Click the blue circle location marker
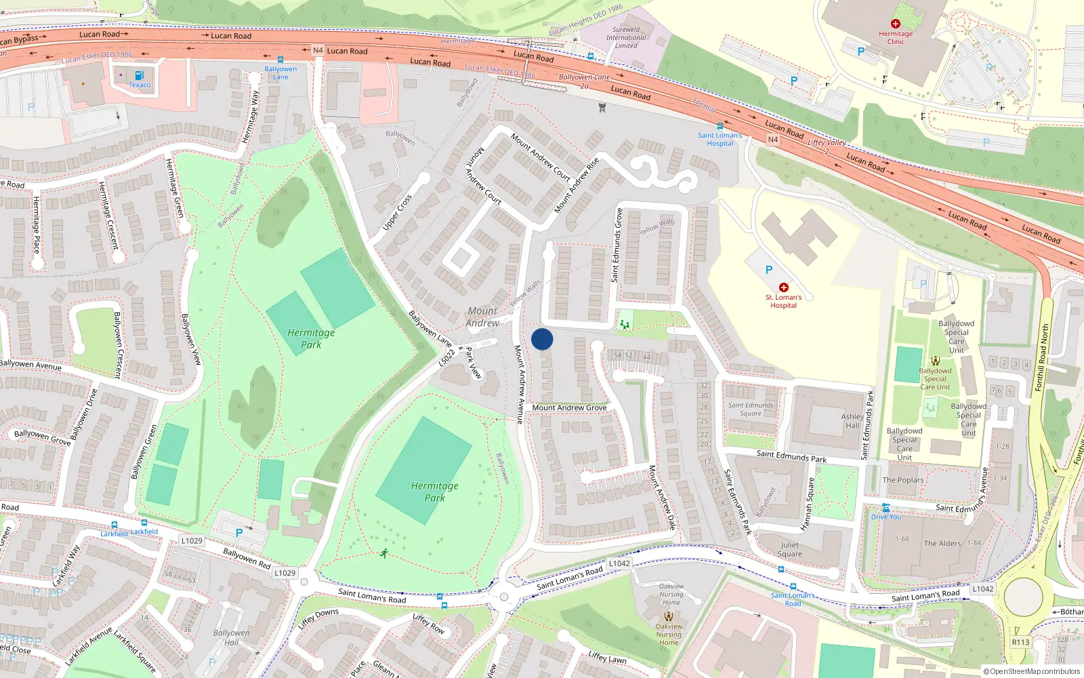[x=542, y=339]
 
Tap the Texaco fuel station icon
[x=139, y=75]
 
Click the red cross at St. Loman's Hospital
[x=784, y=287]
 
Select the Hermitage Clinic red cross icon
[x=895, y=24]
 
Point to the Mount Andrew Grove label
[x=569, y=407]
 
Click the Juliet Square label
[x=789, y=549]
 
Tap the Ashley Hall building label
[x=852, y=421]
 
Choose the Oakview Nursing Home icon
[x=669, y=616]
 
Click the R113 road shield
[x=1020, y=642]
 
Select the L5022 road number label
[x=446, y=358]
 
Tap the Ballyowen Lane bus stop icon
[x=280, y=60]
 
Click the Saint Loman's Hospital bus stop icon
[x=720, y=126]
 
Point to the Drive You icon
[x=885, y=508]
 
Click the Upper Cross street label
[x=397, y=213]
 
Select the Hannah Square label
[x=807, y=504]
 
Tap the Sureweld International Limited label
[x=626, y=37]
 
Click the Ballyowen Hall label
[x=231, y=637]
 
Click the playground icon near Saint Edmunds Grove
[x=625, y=325]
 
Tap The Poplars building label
[x=902, y=480]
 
